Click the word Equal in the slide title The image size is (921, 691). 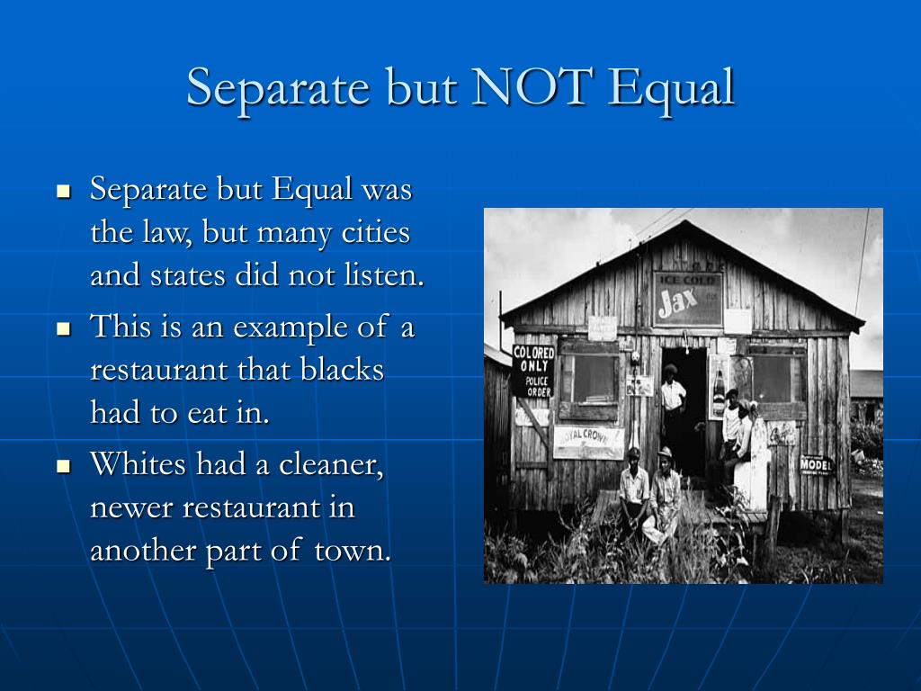(x=671, y=87)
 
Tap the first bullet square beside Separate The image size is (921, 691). (x=63, y=192)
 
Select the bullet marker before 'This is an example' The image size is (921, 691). (x=63, y=328)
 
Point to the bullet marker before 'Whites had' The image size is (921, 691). (x=63, y=466)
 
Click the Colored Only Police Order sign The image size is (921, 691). (x=533, y=370)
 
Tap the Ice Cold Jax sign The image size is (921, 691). (x=687, y=299)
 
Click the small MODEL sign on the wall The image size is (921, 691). (x=816, y=464)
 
